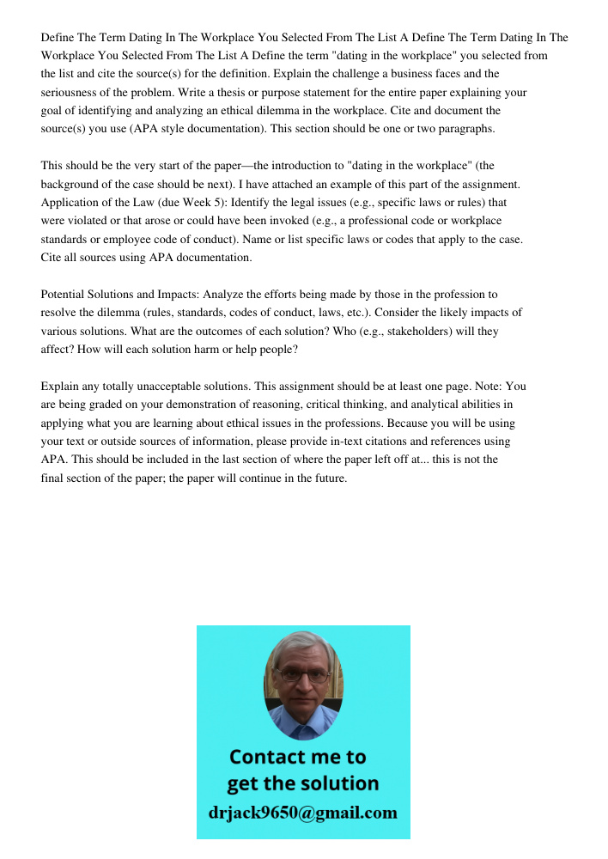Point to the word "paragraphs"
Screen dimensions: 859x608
pos(465,128)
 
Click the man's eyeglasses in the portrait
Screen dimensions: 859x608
pos(303,676)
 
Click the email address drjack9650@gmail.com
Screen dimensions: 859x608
pos(302,813)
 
